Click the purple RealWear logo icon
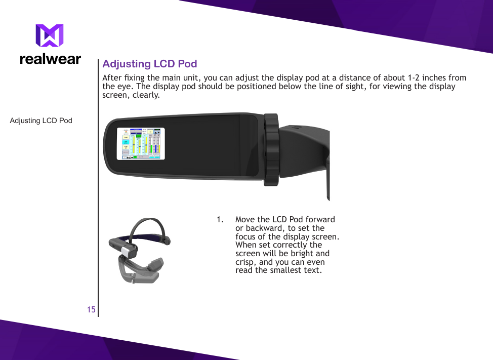coord(50,36)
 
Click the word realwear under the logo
coord(50,59)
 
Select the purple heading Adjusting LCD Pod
coord(149,64)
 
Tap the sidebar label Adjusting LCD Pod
coord(41,121)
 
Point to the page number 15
coord(91,309)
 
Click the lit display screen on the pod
coord(141,143)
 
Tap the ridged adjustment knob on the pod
coord(271,149)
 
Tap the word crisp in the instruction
coord(246,262)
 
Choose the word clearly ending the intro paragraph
coord(146,95)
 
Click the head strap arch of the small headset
coord(147,224)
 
